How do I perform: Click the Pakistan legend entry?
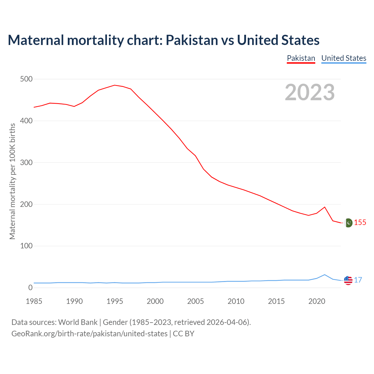(301, 58)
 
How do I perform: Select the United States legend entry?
(344, 58)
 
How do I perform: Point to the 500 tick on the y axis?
(26, 79)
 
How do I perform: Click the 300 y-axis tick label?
(26, 162)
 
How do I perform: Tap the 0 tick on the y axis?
(30, 288)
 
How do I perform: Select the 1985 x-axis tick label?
(34, 301)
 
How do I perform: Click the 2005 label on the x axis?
(195, 301)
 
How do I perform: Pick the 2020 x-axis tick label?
(317, 301)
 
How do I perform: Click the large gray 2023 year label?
(310, 92)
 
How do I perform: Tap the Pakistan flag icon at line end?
(348, 223)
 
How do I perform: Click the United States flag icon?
(348, 280)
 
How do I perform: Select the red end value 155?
(360, 223)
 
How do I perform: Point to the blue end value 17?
(358, 280)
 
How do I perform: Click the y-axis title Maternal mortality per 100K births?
(12, 181)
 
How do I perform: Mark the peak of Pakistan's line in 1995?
(115, 85)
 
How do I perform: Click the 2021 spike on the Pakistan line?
(325, 207)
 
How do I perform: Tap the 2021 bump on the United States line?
(325, 275)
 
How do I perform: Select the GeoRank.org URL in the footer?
(89, 334)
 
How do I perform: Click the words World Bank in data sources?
(78, 322)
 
